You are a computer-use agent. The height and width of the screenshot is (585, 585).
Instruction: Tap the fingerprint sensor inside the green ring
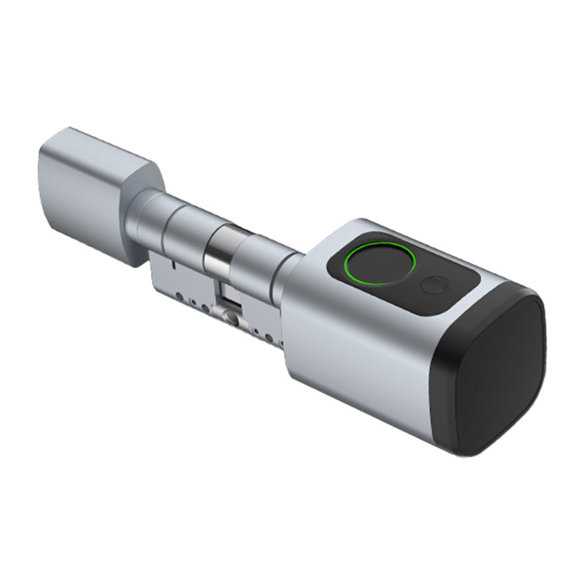coord(380,261)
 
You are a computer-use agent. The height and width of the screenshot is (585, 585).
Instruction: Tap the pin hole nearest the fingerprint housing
coord(273,339)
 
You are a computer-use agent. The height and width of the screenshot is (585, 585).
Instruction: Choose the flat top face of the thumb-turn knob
coord(110,146)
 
